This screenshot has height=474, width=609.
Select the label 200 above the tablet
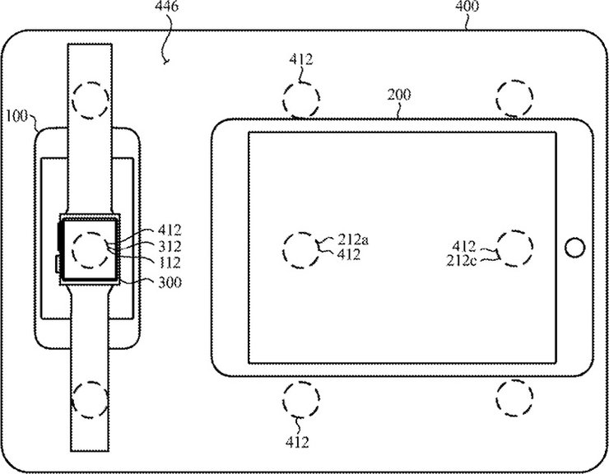tap(400, 95)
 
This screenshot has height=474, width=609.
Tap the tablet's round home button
tap(574, 245)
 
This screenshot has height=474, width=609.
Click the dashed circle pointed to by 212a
tap(300, 248)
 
